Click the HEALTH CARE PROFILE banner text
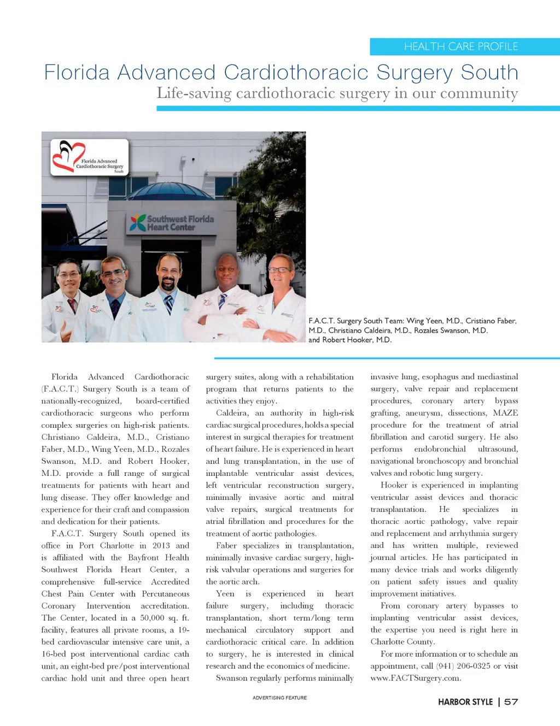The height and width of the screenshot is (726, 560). click(461, 46)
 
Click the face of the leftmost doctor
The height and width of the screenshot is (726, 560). click(69, 278)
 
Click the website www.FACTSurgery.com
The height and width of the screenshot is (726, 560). click(416, 678)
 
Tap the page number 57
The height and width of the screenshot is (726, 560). click(511, 702)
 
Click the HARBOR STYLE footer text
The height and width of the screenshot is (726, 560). click(465, 702)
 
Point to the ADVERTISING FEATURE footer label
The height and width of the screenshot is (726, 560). click(279, 698)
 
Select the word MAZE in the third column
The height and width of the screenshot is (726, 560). click(505, 413)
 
